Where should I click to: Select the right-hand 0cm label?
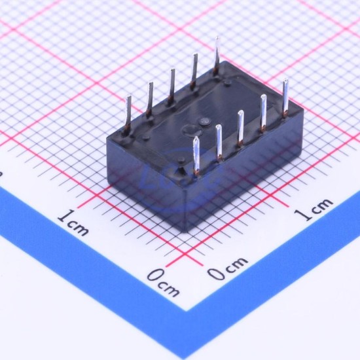tap(228, 268)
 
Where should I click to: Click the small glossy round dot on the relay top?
tap(204, 122)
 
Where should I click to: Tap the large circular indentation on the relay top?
tap(192, 131)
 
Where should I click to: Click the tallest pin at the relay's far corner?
tap(216, 56)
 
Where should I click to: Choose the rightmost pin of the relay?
tap(285, 98)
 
